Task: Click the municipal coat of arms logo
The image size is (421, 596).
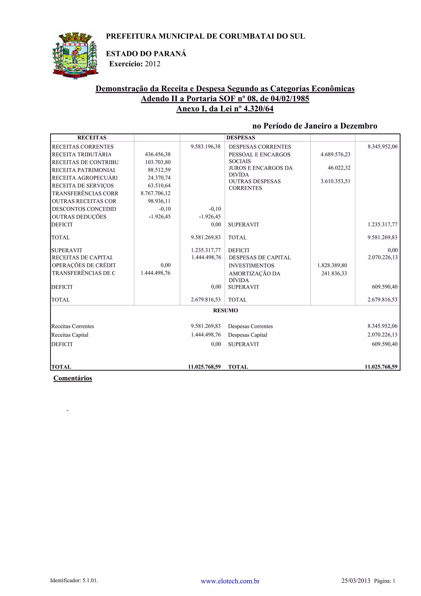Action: (x=75, y=55)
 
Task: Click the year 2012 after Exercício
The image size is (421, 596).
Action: (x=153, y=64)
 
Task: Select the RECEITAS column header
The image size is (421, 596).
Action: (x=92, y=138)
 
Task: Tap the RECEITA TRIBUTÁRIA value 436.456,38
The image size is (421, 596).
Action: (x=158, y=154)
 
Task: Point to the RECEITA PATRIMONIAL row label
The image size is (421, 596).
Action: (x=83, y=170)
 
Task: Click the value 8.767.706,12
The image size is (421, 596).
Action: (x=156, y=193)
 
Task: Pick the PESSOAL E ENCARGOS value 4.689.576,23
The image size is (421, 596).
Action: (x=335, y=154)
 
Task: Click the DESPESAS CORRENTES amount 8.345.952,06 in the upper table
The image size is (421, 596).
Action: (x=382, y=147)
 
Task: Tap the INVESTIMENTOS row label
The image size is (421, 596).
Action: (x=251, y=266)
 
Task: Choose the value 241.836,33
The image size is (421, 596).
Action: (x=334, y=273)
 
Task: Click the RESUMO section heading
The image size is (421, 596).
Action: (x=226, y=311)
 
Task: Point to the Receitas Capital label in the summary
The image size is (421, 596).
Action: (x=70, y=335)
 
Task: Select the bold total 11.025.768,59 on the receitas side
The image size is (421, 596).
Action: (x=204, y=367)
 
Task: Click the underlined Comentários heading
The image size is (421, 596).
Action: (x=73, y=378)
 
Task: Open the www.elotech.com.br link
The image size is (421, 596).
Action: (x=230, y=581)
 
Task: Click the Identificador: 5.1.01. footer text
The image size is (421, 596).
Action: (x=74, y=580)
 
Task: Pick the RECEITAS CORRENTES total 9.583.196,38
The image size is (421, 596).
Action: (x=205, y=147)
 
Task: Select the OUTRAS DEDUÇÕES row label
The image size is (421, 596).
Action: (x=79, y=217)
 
